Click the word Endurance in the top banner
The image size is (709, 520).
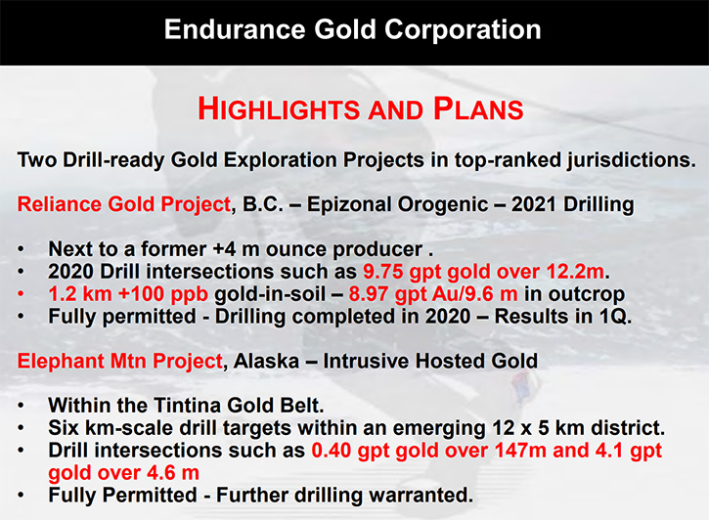235,30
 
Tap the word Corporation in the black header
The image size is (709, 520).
463,30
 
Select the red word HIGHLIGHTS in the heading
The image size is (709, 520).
279,108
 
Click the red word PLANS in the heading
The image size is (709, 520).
478,108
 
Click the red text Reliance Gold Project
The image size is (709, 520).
124,204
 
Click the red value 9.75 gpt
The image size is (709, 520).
392,272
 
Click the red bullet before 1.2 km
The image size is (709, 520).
21,294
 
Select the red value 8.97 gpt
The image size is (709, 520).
378,294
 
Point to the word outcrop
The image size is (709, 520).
587,294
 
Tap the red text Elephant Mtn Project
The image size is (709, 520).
120,362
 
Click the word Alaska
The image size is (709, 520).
267,361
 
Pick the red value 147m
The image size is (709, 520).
520,450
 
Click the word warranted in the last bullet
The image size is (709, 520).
421,496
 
